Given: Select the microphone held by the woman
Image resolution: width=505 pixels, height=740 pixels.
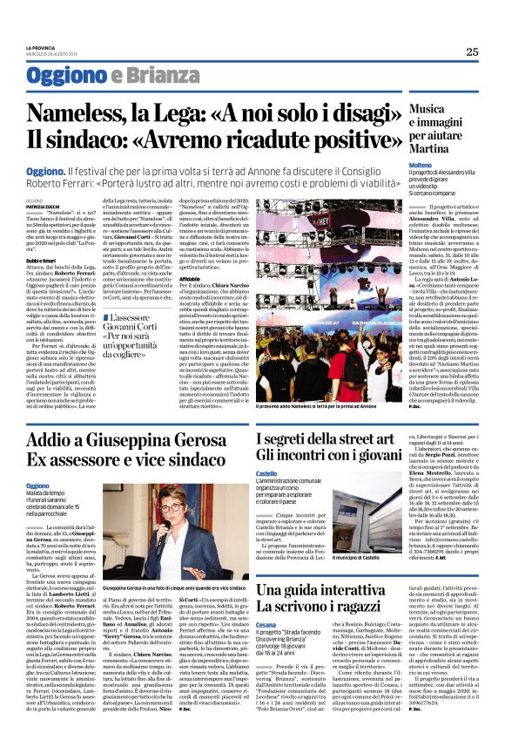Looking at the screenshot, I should click(x=158, y=540).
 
